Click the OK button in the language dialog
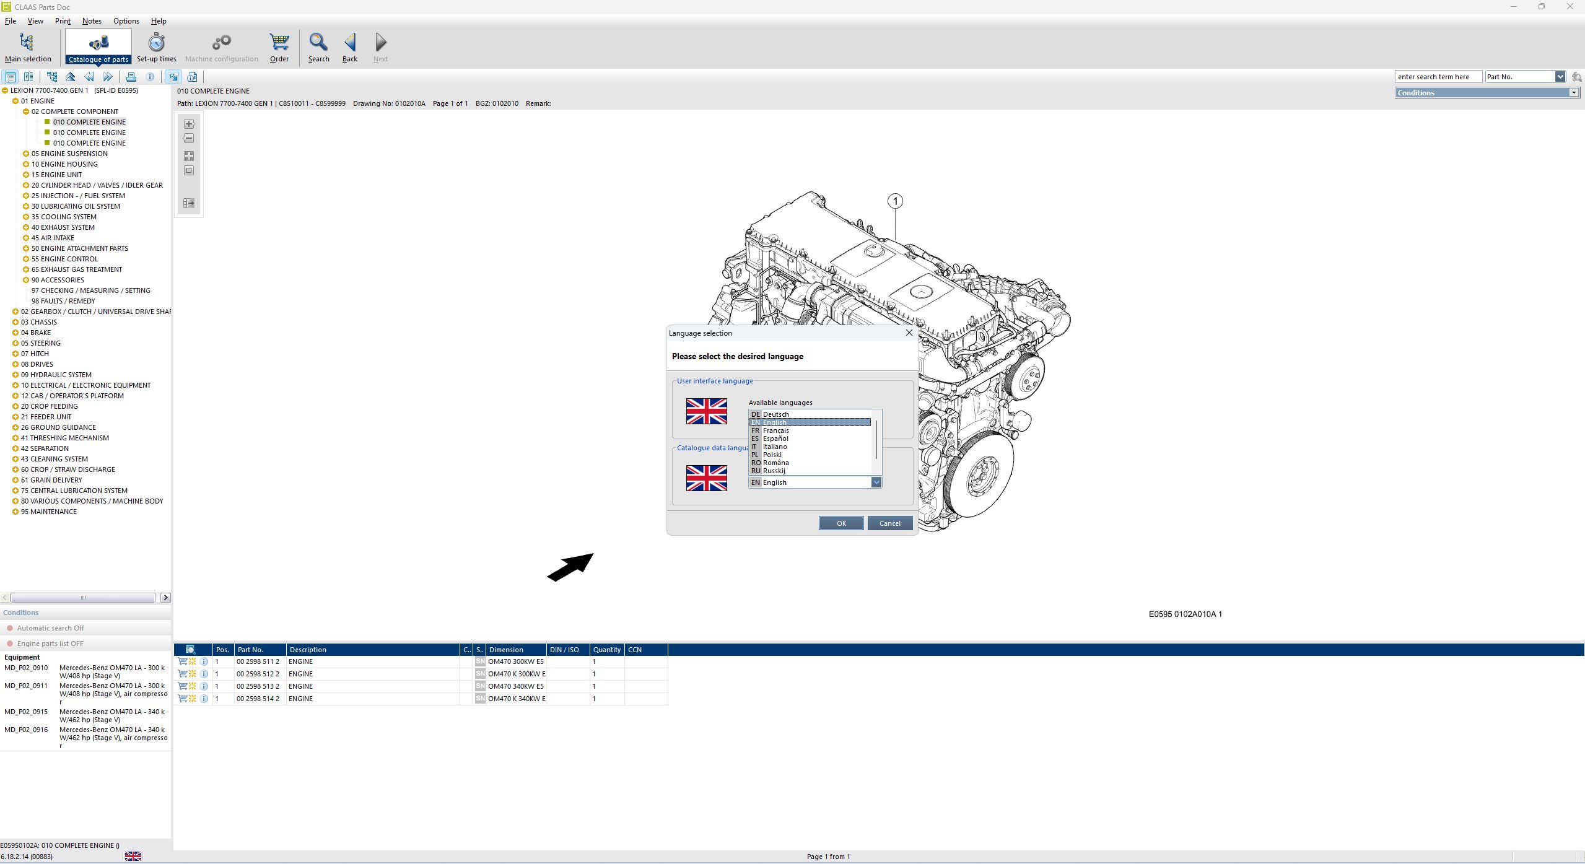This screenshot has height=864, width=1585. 841,523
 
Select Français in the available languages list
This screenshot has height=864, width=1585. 775,430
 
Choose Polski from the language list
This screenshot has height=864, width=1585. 772,455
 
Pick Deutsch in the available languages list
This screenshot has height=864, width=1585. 775,414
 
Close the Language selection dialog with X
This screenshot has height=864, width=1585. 909,333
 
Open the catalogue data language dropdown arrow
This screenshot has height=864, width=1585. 876,482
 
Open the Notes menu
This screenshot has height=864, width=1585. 92,21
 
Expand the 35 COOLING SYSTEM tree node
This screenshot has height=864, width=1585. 26,217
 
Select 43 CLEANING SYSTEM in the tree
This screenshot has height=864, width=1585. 55,459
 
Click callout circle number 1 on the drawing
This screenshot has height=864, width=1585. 895,201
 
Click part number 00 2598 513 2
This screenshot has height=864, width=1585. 258,686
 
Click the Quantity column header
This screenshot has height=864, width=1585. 606,650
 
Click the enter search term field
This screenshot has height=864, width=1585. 1437,77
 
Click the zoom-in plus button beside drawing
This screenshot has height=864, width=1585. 189,124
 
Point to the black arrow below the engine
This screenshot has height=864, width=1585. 570,567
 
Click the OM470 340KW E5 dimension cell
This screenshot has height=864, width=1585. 515,686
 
